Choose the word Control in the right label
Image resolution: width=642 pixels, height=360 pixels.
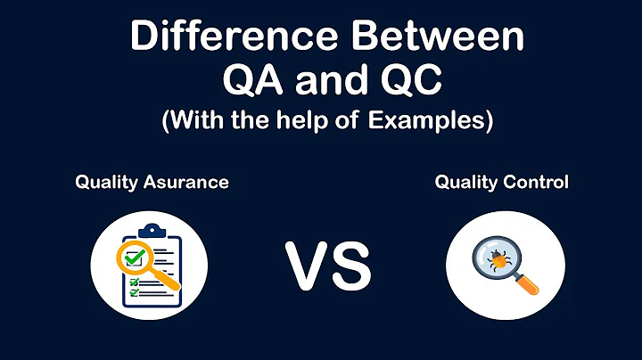pyautogui.click(x=535, y=183)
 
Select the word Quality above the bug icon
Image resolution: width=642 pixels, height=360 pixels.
pyautogui.click(x=465, y=183)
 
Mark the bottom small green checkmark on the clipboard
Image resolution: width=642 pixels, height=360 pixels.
pyautogui.click(x=134, y=291)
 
